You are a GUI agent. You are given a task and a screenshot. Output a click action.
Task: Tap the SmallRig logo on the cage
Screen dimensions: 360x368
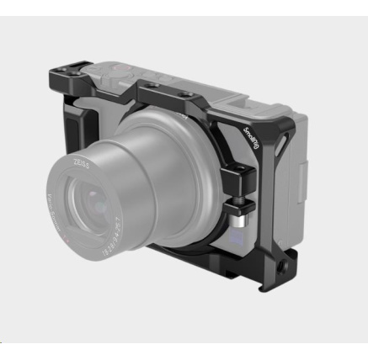pos(252,140)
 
